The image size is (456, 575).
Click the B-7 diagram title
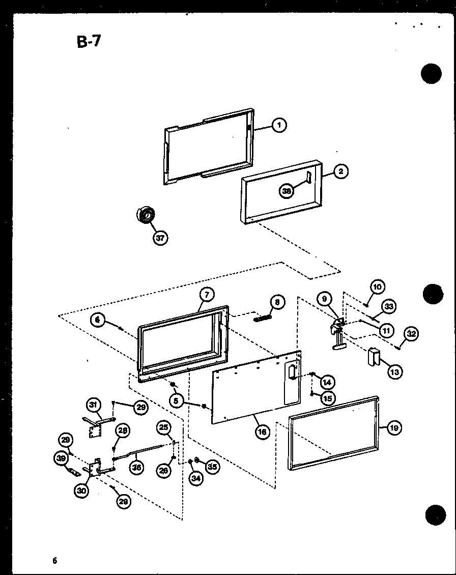(x=89, y=41)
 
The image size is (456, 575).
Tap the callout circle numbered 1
(x=279, y=125)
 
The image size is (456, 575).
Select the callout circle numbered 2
(x=341, y=171)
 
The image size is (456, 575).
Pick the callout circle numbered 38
(x=287, y=191)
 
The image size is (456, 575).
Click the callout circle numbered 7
(x=207, y=295)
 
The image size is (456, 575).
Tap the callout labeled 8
(x=277, y=302)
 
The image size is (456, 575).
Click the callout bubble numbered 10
(x=377, y=286)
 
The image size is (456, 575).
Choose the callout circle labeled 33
(x=389, y=306)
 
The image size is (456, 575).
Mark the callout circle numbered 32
(x=411, y=334)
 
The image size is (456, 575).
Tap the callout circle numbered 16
(x=262, y=433)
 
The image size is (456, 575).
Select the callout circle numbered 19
(x=394, y=427)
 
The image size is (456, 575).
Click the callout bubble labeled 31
(x=93, y=405)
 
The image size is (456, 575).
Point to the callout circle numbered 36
(x=136, y=468)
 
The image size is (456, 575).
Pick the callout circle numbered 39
(x=62, y=458)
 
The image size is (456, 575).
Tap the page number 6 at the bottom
(x=54, y=561)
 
